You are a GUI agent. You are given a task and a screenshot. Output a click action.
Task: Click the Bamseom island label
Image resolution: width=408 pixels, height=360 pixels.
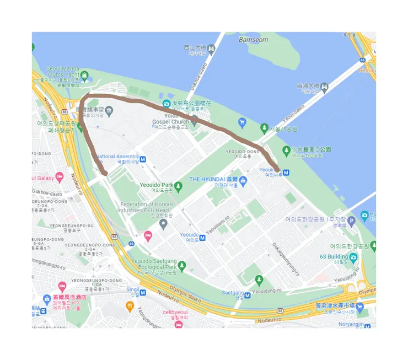coord(253,40)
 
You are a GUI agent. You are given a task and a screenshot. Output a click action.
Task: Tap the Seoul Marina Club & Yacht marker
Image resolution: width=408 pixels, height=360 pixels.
coord(84,75)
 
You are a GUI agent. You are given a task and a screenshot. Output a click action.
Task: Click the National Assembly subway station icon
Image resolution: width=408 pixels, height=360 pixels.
coord(143,159)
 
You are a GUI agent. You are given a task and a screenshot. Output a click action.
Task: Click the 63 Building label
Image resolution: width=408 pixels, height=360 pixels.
coord(334,256)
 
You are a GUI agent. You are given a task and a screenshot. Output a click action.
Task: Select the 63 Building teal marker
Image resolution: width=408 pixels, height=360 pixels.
coord(353,257)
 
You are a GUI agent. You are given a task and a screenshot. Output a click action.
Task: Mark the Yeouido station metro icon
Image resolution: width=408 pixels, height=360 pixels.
coord(203,238)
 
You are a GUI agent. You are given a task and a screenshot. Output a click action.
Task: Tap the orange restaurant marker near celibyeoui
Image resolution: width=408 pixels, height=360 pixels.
coord(130,307)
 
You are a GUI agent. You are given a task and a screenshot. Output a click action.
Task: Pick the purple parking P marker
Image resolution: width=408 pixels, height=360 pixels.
coord(351,221)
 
